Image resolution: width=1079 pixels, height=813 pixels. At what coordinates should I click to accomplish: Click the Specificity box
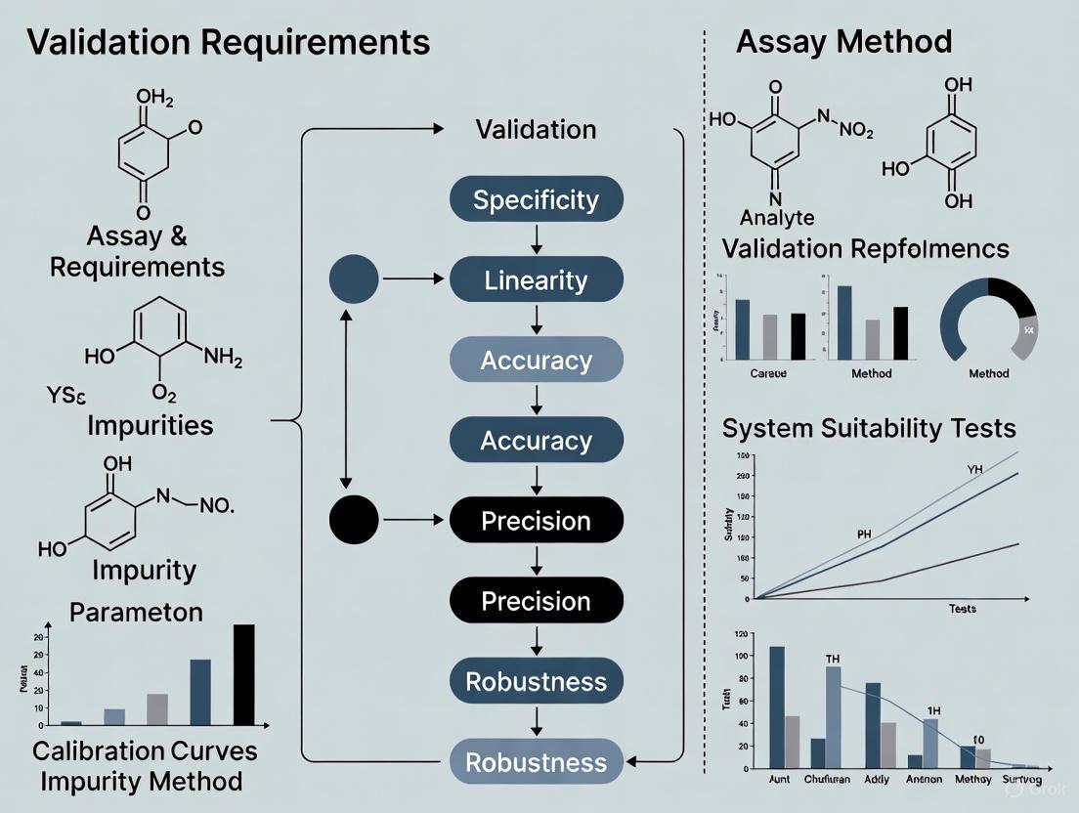click(536, 200)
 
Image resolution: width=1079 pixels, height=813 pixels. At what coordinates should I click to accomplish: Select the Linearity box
click(536, 280)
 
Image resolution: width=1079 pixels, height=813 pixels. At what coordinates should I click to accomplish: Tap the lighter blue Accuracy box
click(536, 361)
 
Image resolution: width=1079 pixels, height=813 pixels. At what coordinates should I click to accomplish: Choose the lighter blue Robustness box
click(536, 762)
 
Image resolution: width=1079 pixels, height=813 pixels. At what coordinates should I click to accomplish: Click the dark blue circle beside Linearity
click(355, 278)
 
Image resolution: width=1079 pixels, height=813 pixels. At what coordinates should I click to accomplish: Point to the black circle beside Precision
click(355, 520)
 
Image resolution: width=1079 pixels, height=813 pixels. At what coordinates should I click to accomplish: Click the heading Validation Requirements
click(228, 42)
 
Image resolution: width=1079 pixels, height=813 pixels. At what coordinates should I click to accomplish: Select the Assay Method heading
click(843, 41)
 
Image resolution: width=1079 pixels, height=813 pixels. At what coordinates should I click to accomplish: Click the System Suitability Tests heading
click(869, 428)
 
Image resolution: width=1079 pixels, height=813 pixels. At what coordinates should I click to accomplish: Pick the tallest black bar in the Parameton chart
click(243, 674)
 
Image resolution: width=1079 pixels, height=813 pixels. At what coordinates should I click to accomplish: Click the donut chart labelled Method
click(988, 321)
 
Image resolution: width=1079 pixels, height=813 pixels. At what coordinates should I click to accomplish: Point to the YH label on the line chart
click(974, 470)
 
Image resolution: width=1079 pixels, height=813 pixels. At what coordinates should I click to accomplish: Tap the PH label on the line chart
click(864, 535)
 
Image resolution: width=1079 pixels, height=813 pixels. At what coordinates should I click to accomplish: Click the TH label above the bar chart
click(833, 658)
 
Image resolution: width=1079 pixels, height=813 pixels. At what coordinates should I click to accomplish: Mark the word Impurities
click(150, 425)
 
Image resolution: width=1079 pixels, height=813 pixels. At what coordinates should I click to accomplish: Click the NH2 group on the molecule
click(222, 359)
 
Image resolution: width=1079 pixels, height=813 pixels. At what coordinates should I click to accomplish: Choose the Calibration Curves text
click(145, 750)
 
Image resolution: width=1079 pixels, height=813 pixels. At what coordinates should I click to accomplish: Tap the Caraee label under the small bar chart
click(767, 373)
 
